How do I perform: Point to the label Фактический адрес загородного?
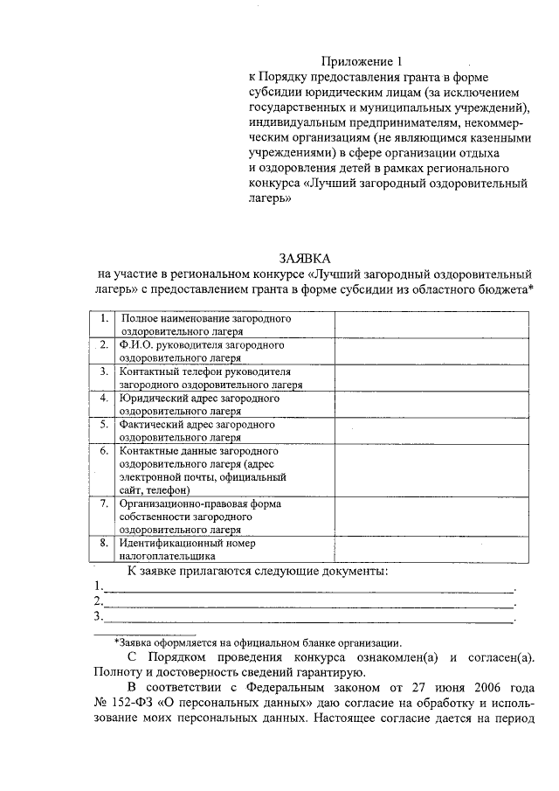(197, 424)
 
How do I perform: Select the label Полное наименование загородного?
(205, 319)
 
